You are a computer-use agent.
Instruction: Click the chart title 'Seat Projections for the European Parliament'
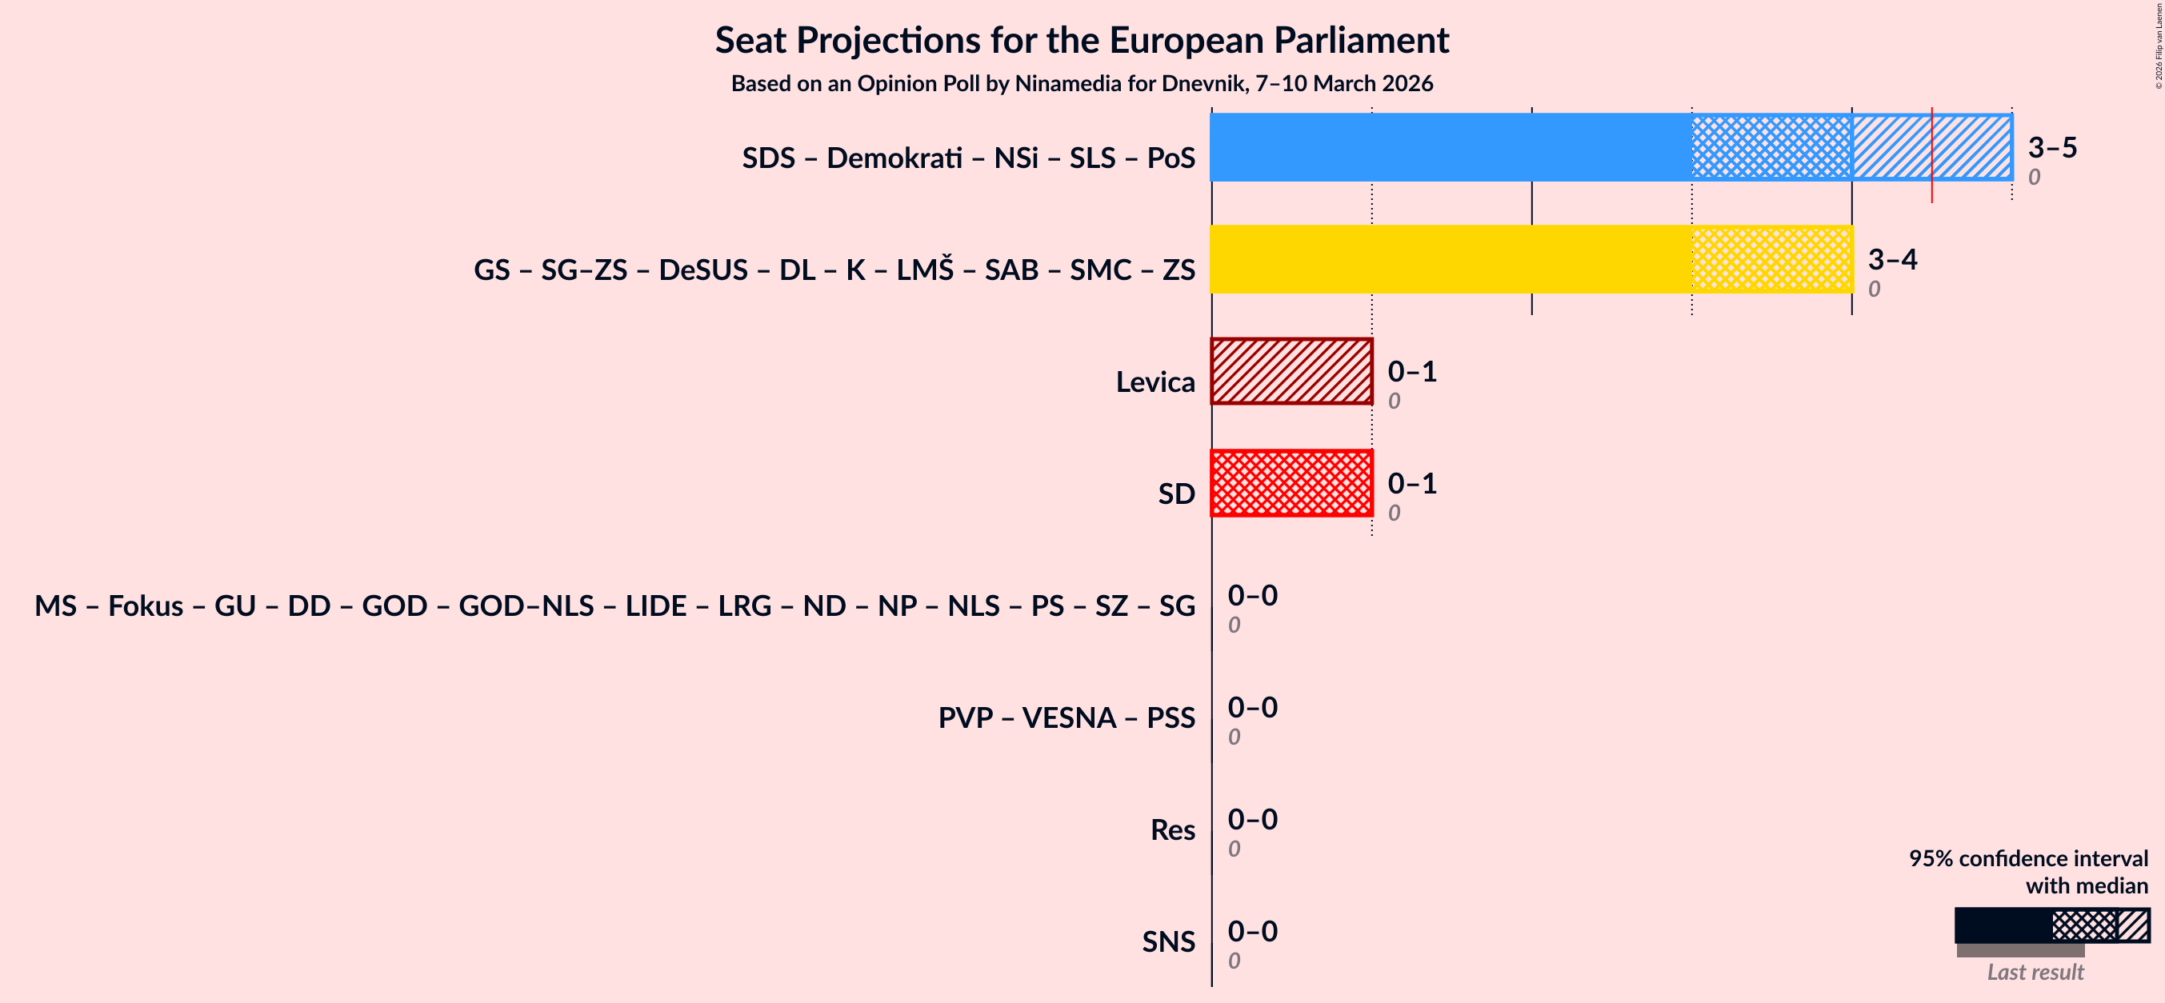pyautogui.click(x=1082, y=40)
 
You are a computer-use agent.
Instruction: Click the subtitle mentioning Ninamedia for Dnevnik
pyautogui.click(x=1082, y=83)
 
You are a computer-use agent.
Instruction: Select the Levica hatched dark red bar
pyautogui.click(x=1291, y=371)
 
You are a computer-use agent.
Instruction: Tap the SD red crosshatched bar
pyautogui.click(x=1291, y=483)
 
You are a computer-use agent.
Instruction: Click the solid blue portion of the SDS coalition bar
pyautogui.click(x=1450, y=147)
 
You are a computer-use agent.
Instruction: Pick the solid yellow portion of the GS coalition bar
pyautogui.click(x=1450, y=258)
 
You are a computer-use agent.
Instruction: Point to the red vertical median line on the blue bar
pyautogui.click(x=1931, y=155)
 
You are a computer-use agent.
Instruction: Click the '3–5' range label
pyautogui.click(x=2051, y=147)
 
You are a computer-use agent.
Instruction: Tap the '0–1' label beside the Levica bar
pyautogui.click(x=1412, y=371)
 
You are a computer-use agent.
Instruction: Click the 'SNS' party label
pyautogui.click(x=1167, y=941)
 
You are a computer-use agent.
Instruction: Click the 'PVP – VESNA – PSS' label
pyautogui.click(x=1066, y=717)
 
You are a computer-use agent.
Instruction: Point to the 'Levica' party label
pyautogui.click(x=1155, y=382)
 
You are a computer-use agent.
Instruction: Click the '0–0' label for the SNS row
pyautogui.click(x=1252, y=931)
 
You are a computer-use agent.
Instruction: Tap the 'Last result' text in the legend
pyautogui.click(x=2035, y=972)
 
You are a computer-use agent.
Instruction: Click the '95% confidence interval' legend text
pyautogui.click(x=2027, y=857)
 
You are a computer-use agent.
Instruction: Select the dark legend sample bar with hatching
pyautogui.click(x=2051, y=925)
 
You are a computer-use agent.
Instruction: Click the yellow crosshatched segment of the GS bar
pyautogui.click(x=1771, y=258)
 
